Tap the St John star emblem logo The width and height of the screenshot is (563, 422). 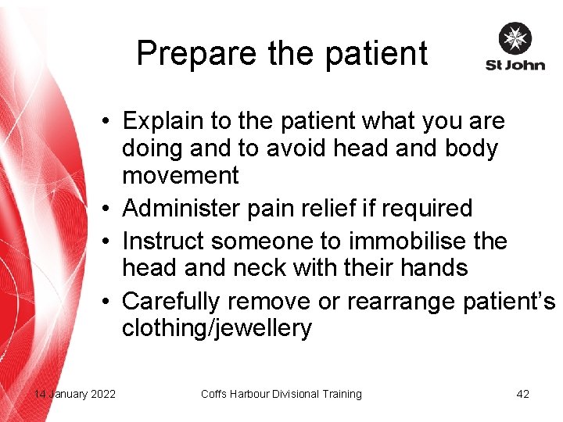tap(515, 38)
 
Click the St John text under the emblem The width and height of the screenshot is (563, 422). tap(515, 65)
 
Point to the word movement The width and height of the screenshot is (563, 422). tap(180, 176)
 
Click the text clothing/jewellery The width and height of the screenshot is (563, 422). tap(216, 328)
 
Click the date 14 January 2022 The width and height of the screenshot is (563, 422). tap(74, 394)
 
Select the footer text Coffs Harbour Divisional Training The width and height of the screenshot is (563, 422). tap(281, 394)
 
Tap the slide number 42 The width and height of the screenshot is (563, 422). tap(522, 394)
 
